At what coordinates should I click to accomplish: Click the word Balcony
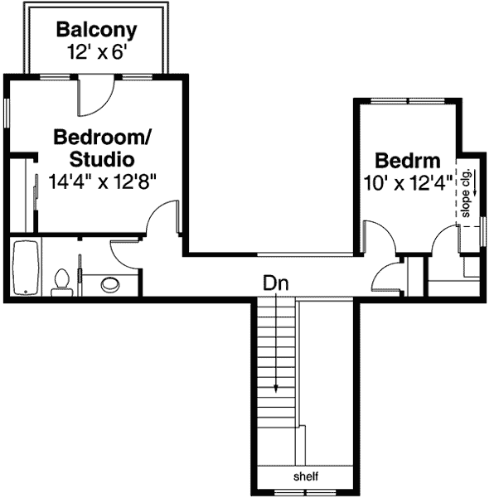click(96, 31)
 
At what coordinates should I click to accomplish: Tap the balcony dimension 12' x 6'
click(96, 51)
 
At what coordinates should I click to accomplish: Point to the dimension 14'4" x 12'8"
click(102, 180)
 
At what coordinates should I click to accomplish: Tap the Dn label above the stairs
click(275, 283)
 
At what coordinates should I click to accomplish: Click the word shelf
click(305, 477)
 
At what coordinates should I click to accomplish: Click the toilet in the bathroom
click(61, 282)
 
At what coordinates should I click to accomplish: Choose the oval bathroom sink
click(110, 285)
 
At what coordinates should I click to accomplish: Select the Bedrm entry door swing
click(378, 239)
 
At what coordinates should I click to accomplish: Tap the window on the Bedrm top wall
click(409, 100)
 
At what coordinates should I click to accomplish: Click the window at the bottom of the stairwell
click(305, 493)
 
